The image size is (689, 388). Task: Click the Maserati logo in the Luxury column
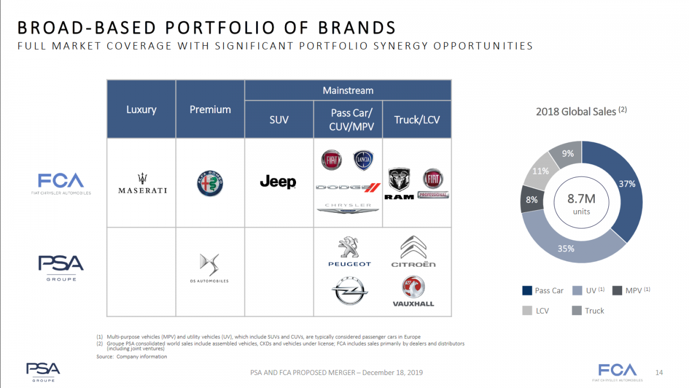143,183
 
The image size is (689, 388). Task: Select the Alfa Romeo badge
210,184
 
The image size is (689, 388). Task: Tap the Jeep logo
278,182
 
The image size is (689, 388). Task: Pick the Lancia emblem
363,160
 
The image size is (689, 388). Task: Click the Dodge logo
348,187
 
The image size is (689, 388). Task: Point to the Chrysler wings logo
348,208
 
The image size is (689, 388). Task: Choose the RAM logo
399,184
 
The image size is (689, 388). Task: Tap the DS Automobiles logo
209,268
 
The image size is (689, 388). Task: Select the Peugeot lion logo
349,251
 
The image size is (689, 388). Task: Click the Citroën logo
413,251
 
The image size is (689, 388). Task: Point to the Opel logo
349,290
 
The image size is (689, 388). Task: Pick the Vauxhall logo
413,292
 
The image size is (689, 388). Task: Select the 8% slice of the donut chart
531,199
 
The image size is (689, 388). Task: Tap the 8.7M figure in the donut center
581,199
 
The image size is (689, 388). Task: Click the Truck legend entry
588,311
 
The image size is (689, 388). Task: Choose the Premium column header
210,109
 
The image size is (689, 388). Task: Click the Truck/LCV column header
417,120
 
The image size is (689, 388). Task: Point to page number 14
659,372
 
